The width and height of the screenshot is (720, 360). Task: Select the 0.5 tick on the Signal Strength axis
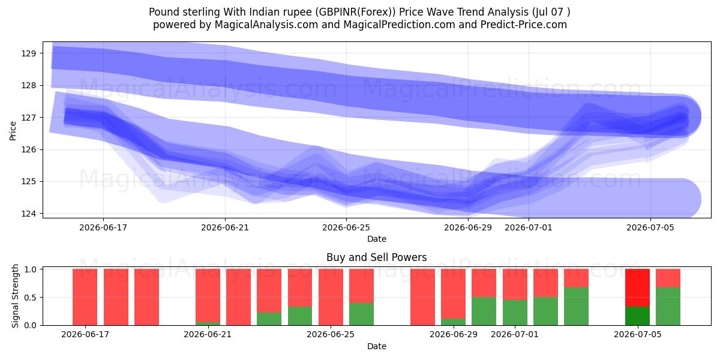click(x=30, y=298)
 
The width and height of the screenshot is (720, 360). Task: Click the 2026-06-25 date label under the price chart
click(x=346, y=227)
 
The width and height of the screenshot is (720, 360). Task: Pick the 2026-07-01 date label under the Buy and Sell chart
click(x=515, y=334)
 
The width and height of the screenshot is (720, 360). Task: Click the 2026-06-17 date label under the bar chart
click(x=85, y=334)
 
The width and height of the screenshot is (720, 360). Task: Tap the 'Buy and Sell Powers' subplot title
click(x=377, y=257)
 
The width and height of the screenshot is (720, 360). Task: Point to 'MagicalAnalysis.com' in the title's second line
click(x=266, y=25)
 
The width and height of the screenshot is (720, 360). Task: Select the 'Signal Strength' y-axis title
click(x=15, y=296)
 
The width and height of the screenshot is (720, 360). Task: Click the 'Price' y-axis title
click(x=13, y=131)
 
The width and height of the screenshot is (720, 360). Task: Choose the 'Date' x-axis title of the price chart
click(x=377, y=239)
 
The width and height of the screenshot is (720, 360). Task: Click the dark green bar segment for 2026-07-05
click(x=637, y=316)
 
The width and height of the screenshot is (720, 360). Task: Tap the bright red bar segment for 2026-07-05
click(x=637, y=287)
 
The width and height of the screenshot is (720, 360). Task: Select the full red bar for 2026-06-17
click(x=85, y=297)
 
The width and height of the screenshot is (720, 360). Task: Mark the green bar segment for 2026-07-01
click(x=515, y=313)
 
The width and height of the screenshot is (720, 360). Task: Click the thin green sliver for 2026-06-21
click(x=208, y=323)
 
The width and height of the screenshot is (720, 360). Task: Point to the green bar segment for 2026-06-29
click(x=453, y=322)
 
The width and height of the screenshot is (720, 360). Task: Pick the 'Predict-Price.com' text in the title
click(x=524, y=25)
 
